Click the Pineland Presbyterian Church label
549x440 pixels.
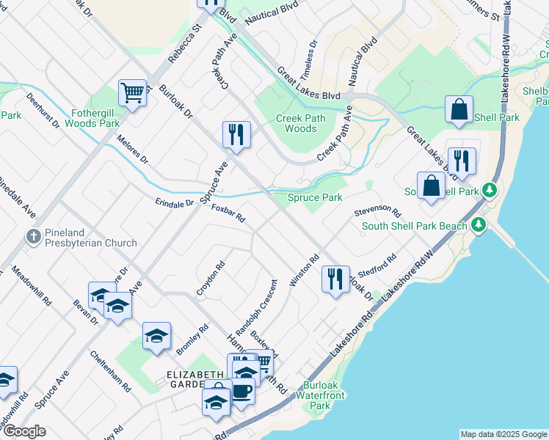(90, 237)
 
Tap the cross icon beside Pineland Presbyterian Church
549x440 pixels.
(33, 237)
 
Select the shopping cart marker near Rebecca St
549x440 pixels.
(133, 93)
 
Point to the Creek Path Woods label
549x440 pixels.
(296, 123)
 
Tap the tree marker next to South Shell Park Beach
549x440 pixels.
(479, 225)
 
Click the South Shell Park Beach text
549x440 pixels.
(415, 226)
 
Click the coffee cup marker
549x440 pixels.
(241, 390)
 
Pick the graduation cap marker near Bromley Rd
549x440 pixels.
(156, 336)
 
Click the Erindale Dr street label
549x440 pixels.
(174, 202)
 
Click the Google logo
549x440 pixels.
(25, 431)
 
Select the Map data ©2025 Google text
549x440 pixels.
(503, 434)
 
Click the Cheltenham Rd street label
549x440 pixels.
(111, 371)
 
